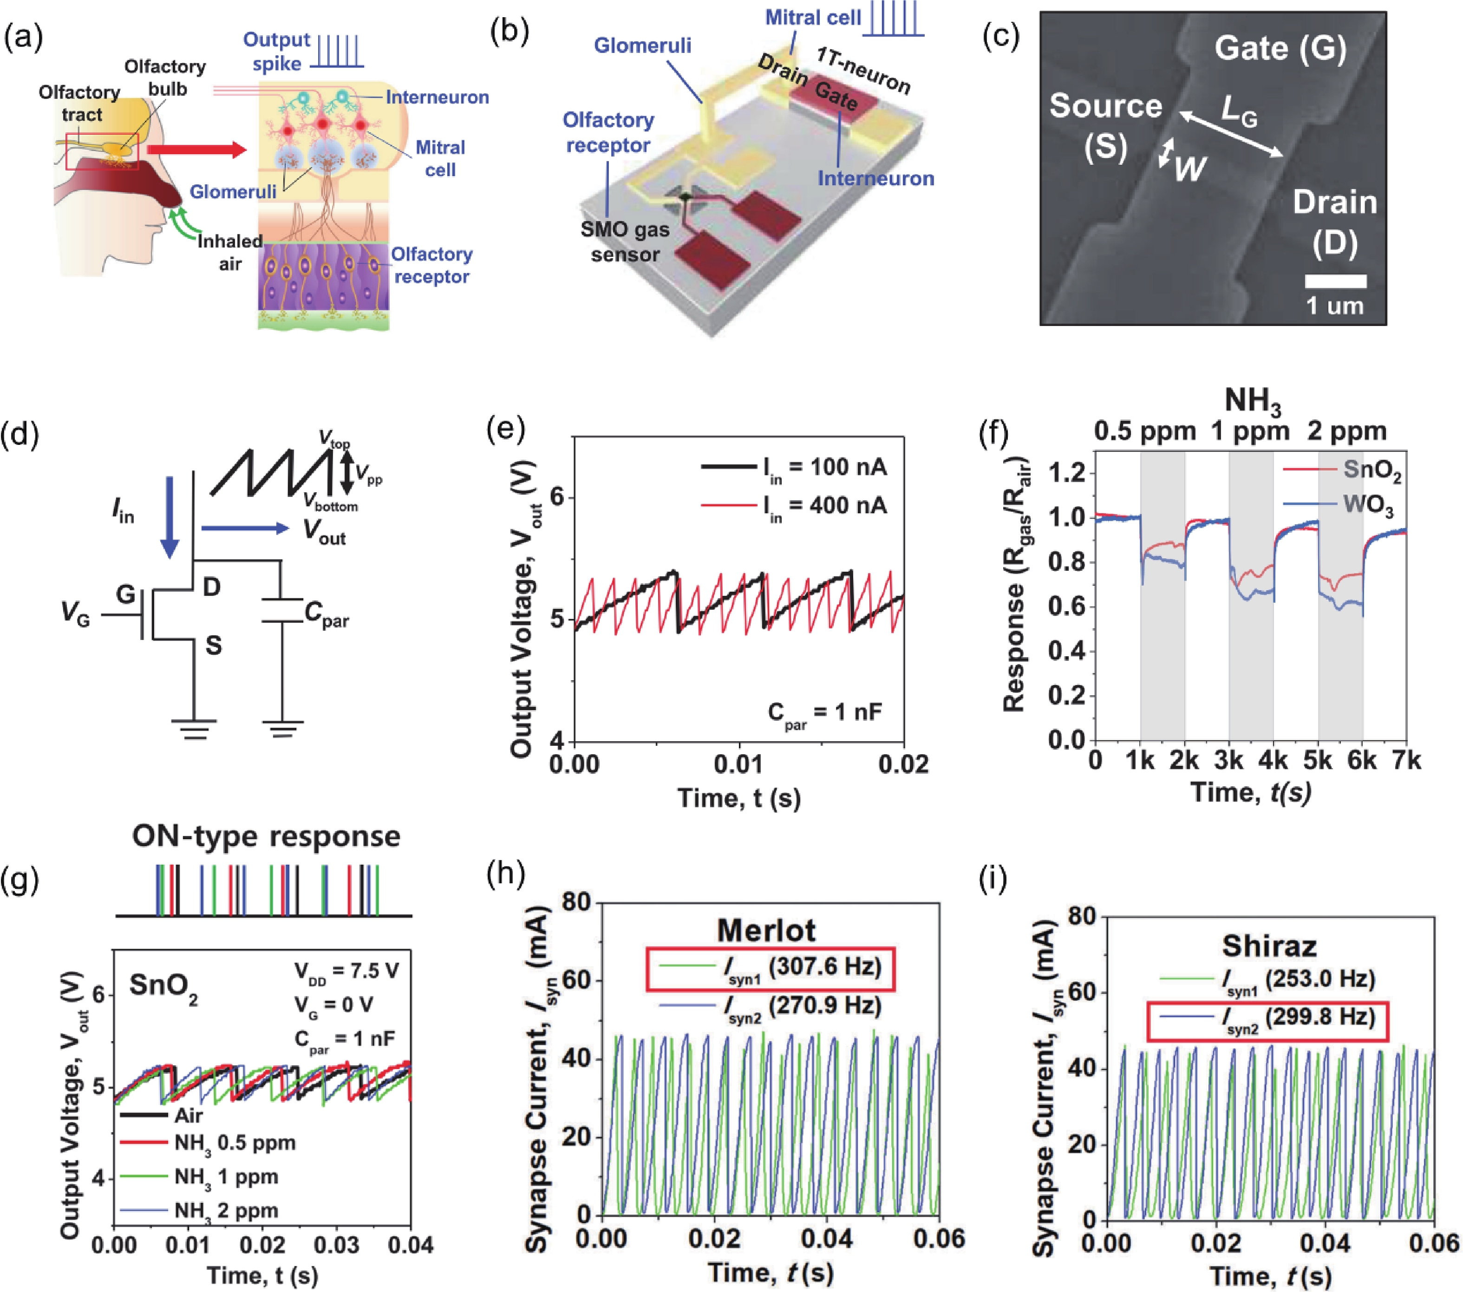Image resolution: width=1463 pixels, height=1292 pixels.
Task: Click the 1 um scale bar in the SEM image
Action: [1335, 281]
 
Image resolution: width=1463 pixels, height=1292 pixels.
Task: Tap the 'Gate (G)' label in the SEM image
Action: [1280, 49]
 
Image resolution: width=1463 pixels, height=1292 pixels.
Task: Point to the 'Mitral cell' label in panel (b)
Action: [812, 18]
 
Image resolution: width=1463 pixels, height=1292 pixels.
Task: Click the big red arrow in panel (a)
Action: [197, 150]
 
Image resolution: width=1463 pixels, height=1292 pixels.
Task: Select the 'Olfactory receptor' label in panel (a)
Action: [431, 266]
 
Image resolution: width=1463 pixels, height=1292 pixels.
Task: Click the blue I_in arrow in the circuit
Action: [170, 517]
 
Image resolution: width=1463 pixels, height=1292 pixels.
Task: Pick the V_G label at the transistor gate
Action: [75, 614]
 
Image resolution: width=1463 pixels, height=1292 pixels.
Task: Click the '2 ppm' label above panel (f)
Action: [1347, 431]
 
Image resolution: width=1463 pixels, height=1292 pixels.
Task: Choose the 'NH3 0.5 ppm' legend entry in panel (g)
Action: [208, 1142]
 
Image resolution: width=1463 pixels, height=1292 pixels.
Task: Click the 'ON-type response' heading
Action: [266, 836]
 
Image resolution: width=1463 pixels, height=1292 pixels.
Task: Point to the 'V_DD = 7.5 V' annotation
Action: [346, 972]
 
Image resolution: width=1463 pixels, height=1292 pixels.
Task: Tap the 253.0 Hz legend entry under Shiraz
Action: [1267, 979]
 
